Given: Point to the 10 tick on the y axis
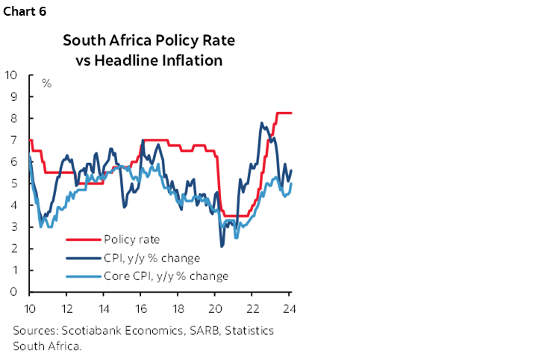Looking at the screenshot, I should pyautogui.click(x=11, y=75).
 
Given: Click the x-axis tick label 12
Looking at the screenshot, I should pyautogui.click(x=66, y=308).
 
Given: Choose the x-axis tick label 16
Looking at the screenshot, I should pyautogui.click(x=140, y=308).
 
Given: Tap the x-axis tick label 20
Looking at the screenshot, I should pyautogui.click(x=215, y=308).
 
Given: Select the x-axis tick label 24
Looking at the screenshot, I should pyautogui.click(x=288, y=308).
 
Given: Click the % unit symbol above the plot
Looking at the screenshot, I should pyautogui.click(x=46, y=83).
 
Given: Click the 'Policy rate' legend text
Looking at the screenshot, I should pyautogui.click(x=132, y=240).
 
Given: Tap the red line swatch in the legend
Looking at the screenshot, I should pyautogui.click(x=83, y=240).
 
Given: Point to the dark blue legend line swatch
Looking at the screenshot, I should pyautogui.click(x=83, y=258).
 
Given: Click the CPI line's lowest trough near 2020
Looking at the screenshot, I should pyautogui.click(x=222, y=246).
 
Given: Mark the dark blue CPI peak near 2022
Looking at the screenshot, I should pyautogui.click(x=261, y=123).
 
